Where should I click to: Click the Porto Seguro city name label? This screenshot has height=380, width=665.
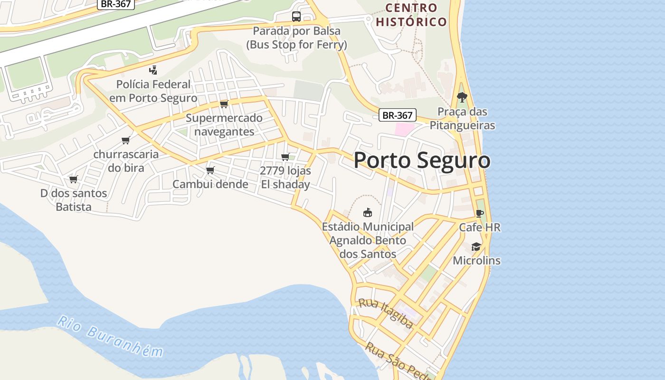pos(422,160)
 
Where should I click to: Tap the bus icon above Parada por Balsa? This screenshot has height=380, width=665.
pos(296,17)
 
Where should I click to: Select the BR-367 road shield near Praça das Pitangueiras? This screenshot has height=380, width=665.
pos(398,115)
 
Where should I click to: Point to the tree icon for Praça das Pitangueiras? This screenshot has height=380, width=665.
pos(462,98)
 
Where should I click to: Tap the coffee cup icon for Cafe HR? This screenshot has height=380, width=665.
pos(479,213)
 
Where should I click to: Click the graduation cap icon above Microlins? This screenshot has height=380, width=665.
pos(476,247)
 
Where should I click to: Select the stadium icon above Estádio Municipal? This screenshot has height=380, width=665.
pos(367,212)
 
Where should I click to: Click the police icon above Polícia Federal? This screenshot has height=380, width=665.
pos(153,70)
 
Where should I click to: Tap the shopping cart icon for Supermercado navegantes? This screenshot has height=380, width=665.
pos(224,104)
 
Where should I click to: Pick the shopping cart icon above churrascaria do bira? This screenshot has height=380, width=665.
pos(125,140)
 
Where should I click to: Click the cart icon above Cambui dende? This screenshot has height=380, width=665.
pos(210,170)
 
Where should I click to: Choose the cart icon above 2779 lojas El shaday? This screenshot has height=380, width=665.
pos(285,157)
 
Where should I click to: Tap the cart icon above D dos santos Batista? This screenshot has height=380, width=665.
pos(73,179)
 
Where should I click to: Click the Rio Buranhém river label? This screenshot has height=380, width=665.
pos(110,336)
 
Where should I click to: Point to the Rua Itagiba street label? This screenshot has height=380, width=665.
pos(385,313)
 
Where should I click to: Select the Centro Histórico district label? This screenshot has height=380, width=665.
pos(411,15)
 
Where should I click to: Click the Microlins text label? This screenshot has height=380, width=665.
pos(476,260)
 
